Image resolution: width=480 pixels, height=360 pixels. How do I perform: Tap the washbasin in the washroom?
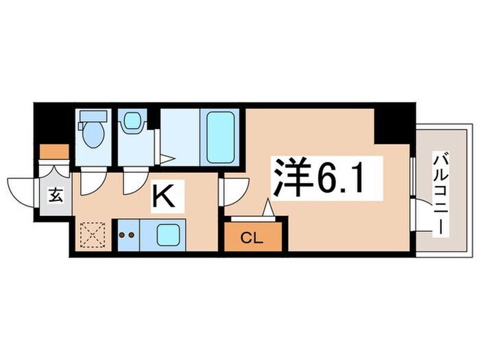click(130, 123)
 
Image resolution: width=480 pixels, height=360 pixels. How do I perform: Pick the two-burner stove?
click(128, 235)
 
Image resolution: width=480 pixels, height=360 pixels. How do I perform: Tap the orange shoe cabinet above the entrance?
click(54, 151)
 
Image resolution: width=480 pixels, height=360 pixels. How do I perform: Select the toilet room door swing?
click(92, 182)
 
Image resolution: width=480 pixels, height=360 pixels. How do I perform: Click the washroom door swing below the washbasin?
click(134, 182)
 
